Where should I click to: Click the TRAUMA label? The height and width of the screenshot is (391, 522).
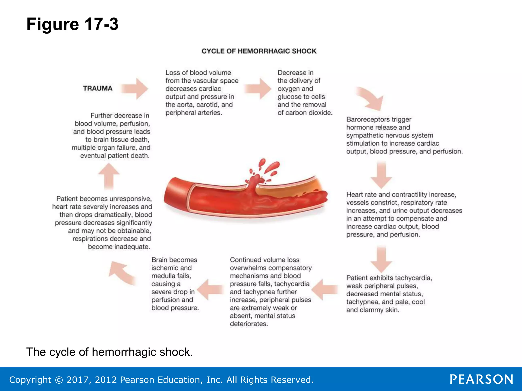click(98, 88)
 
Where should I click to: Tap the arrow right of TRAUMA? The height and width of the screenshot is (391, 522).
click(135, 89)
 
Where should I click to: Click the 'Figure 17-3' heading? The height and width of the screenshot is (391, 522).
click(72, 24)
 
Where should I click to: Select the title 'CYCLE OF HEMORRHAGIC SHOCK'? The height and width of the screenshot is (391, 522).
click(259, 51)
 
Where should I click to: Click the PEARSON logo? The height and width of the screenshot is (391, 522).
click(481, 379)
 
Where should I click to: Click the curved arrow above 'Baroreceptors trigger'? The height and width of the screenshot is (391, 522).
click(371, 98)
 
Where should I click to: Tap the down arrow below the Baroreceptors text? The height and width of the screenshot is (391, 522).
click(381, 175)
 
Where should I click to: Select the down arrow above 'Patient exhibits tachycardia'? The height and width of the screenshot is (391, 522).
click(381, 259)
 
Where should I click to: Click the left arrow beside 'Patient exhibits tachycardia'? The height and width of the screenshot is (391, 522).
click(324, 289)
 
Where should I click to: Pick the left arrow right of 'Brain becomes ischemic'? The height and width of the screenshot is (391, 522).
click(210, 289)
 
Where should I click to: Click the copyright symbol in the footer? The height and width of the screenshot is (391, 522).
click(59, 380)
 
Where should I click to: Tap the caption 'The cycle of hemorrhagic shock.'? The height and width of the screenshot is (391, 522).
click(110, 352)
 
